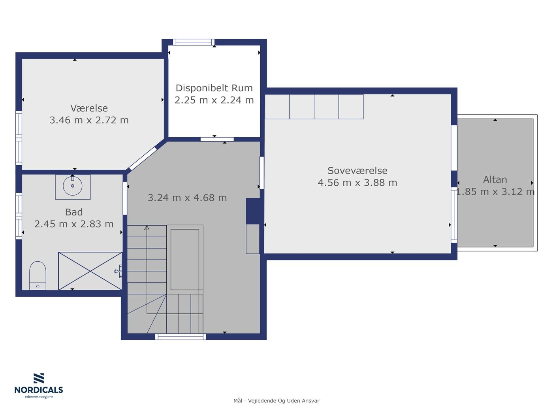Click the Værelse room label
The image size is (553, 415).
[x=89, y=108]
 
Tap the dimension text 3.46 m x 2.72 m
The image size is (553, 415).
[x=89, y=120]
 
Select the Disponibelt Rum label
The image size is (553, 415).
[x=214, y=88]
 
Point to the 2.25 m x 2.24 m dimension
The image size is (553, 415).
[x=214, y=100]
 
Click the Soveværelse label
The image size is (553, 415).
[x=357, y=171]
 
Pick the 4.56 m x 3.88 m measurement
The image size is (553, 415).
[x=357, y=183]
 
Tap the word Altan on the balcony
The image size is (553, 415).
[x=495, y=180]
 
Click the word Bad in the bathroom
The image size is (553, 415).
[x=74, y=212]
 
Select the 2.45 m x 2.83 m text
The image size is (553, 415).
[x=74, y=224]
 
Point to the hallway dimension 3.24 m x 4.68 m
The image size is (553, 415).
[x=187, y=198]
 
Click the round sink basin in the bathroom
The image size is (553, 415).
[x=73, y=186]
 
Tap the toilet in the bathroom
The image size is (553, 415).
[x=38, y=275]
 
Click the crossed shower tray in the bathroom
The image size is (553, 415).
[x=90, y=271]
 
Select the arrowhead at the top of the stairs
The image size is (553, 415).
[x=147, y=228]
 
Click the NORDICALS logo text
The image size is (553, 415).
[x=39, y=390]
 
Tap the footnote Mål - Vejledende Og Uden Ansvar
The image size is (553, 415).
[x=276, y=401]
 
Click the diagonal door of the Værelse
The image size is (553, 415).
[x=143, y=158]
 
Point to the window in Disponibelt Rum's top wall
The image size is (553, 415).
[x=194, y=42]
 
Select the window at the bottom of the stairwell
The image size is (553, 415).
[x=181, y=337]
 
